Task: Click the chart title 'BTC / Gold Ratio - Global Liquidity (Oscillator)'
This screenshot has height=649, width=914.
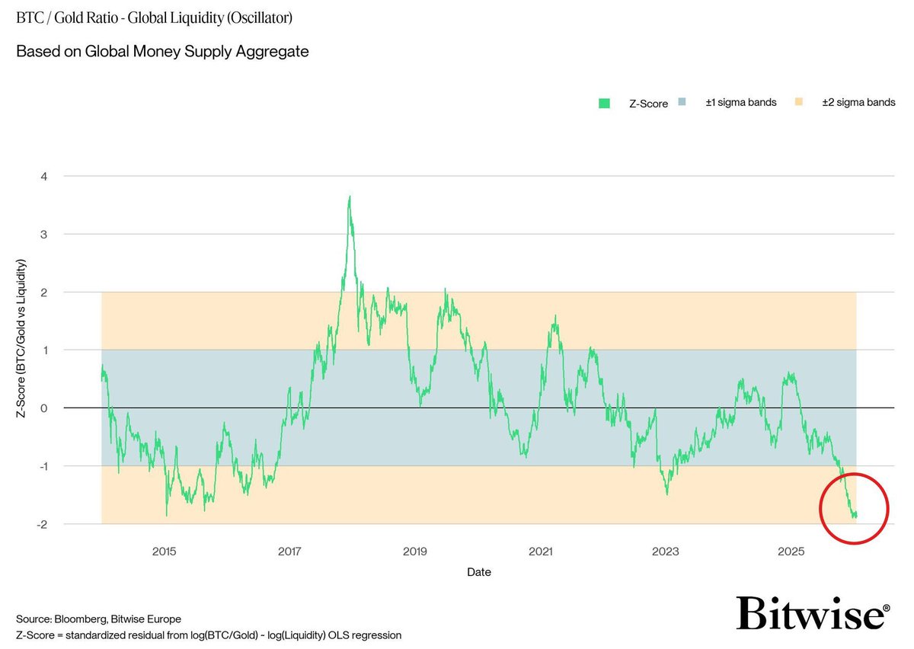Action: tap(154, 17)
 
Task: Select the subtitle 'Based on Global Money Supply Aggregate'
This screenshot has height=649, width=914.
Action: tap(162, 52)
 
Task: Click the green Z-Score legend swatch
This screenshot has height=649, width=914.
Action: tap(605, 104)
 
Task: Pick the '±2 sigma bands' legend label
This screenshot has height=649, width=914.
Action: tap(858, 103)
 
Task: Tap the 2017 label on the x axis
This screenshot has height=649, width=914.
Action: tap(289, 551)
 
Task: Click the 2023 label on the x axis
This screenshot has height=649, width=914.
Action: tap(666, 551)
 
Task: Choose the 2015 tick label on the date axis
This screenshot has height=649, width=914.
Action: tap(164, 551)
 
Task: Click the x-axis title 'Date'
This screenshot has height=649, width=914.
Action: tap(479, 572)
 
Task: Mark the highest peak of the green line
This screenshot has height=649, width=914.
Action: tap(349, 197)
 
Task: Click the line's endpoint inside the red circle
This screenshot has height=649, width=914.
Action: tap(856, 515)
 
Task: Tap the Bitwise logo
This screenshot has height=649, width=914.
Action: tap(812, 612)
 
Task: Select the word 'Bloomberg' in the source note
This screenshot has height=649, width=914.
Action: tap(75, 619)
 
